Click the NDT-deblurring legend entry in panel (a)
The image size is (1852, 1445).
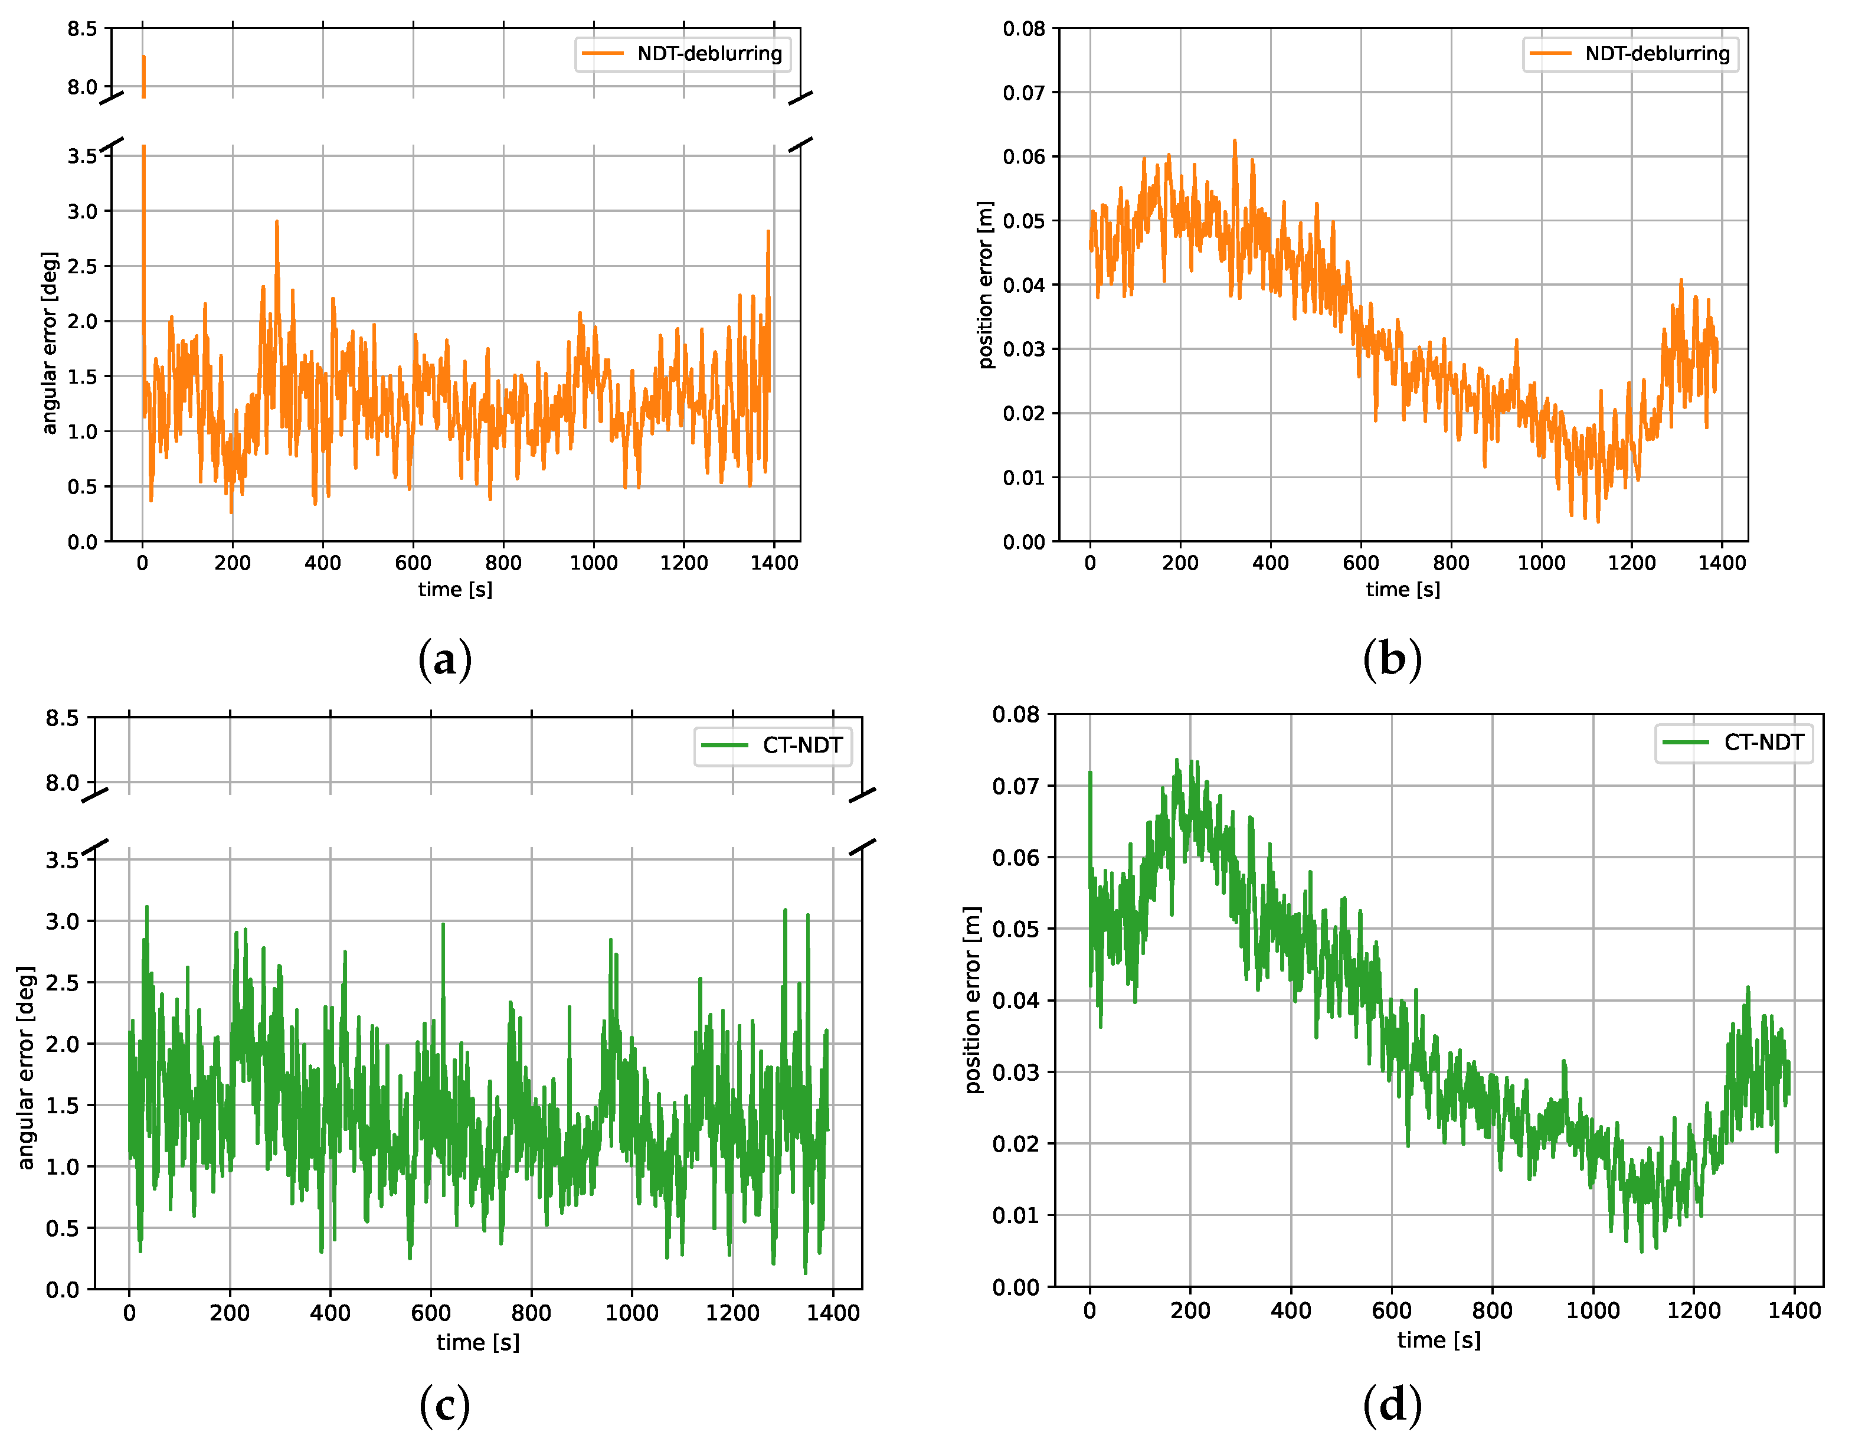[683, 54]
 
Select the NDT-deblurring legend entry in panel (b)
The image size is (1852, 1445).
[1631, 54]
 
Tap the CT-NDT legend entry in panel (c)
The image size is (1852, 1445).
[773, 746]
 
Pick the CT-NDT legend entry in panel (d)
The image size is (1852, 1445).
[1735, 743]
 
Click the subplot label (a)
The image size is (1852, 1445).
[445, 660]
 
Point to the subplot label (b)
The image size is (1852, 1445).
[1392, 660]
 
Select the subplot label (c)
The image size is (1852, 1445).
[445, 1406]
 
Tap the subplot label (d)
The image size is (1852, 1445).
[1392, 1406]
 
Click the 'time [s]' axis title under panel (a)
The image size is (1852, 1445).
[456, 589]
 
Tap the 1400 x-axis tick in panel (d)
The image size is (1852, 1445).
[1794, 1311]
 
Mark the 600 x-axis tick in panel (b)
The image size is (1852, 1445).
[1361, 563]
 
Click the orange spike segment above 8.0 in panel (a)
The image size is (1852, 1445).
[143, 74]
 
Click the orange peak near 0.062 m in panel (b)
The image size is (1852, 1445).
[1235, 144]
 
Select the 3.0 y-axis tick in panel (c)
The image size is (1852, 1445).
[62, 922]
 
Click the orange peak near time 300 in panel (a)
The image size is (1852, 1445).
[276, 225]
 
